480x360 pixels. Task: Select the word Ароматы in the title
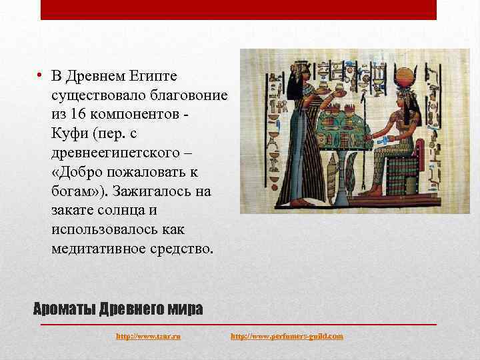click(x=64, y=309)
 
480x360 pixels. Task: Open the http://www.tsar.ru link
click(x=148, y=337)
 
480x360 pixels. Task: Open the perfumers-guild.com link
click(x=287, y=337)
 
